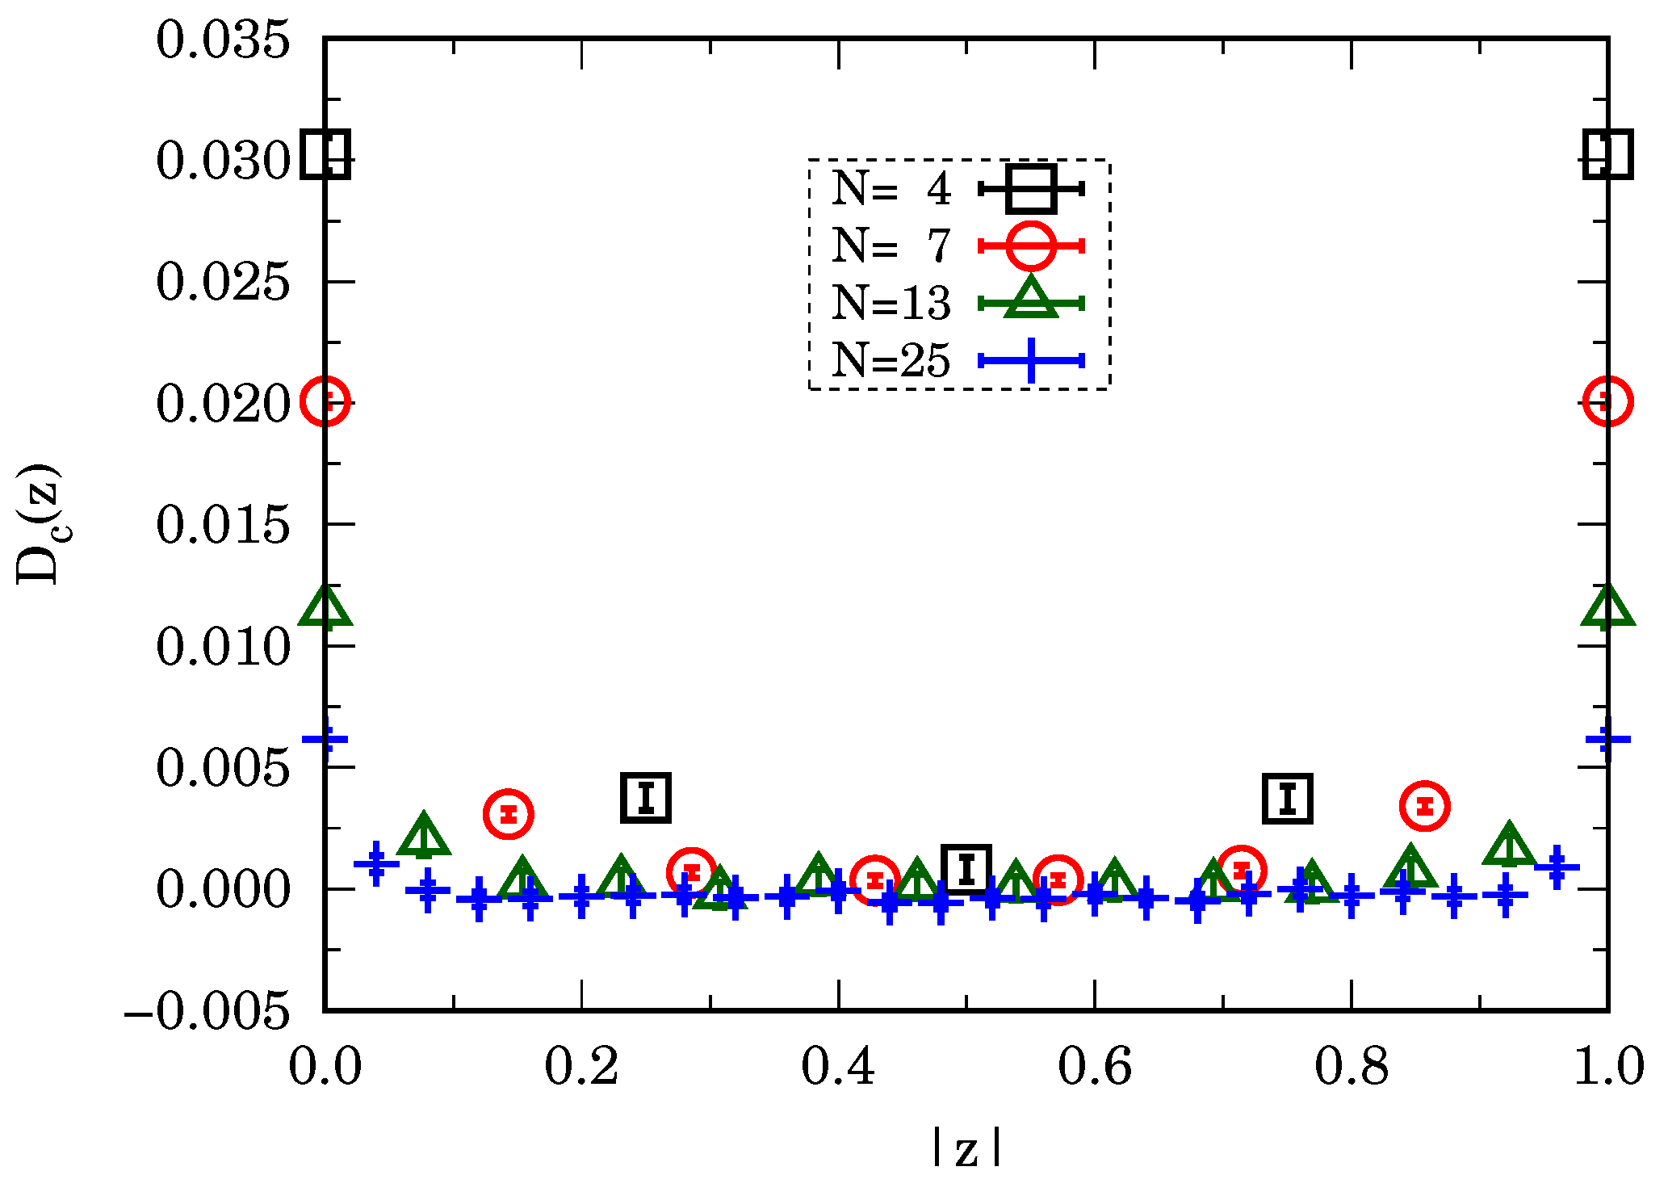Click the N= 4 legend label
click(891, 189)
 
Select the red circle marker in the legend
click(1031, 246)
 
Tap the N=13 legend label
click(891, 303)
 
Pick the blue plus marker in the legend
click(1031, 360)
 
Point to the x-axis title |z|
click(966, 1148)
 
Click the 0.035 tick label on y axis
click(223, 40)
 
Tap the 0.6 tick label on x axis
click(1094, 1067)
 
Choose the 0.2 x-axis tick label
click(581, 1067)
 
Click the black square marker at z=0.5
click(966, 869)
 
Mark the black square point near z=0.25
click(646, 798)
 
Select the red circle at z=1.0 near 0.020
click(1607, 401)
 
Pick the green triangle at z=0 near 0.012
click(325, 607)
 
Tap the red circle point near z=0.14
click(508, 814)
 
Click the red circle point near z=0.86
click(1425, 806)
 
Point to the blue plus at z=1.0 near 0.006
click(1607, 739)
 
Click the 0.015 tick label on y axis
click(223, 526)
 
